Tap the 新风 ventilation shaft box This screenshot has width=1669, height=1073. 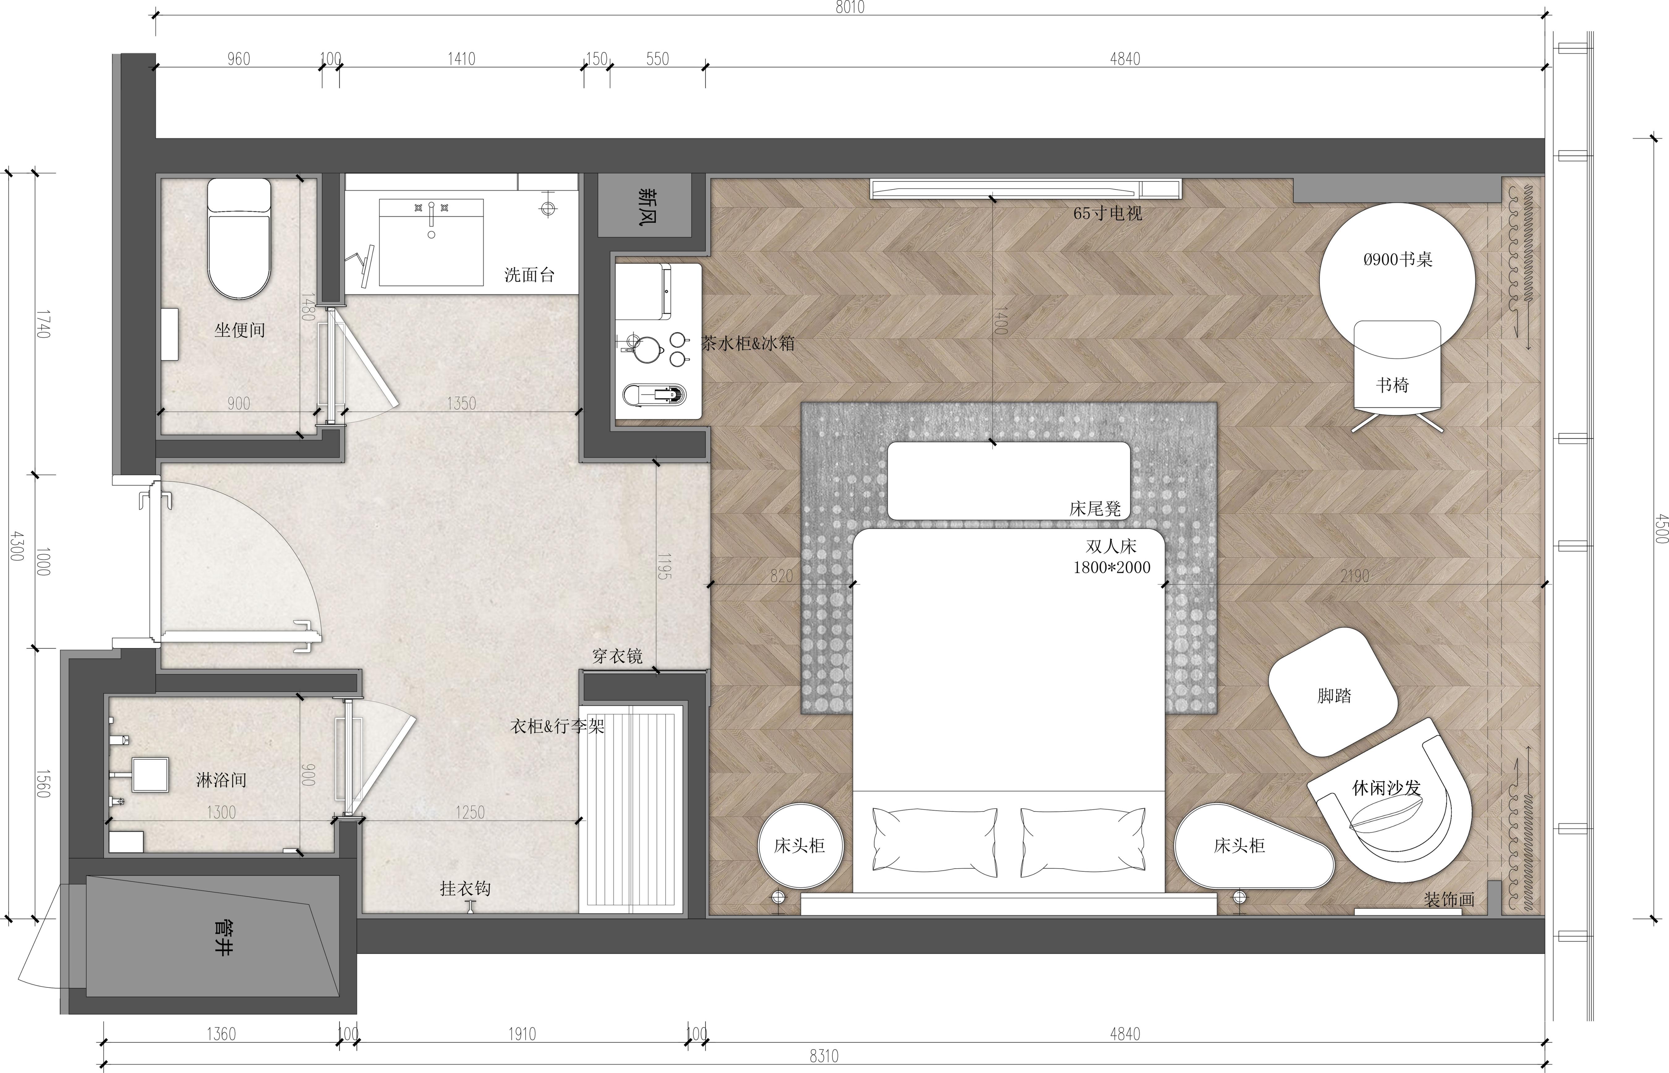[x=645, y=206]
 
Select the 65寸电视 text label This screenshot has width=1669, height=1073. [x=1107, y=213]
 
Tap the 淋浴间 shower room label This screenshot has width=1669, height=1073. [x=221, y=780]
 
